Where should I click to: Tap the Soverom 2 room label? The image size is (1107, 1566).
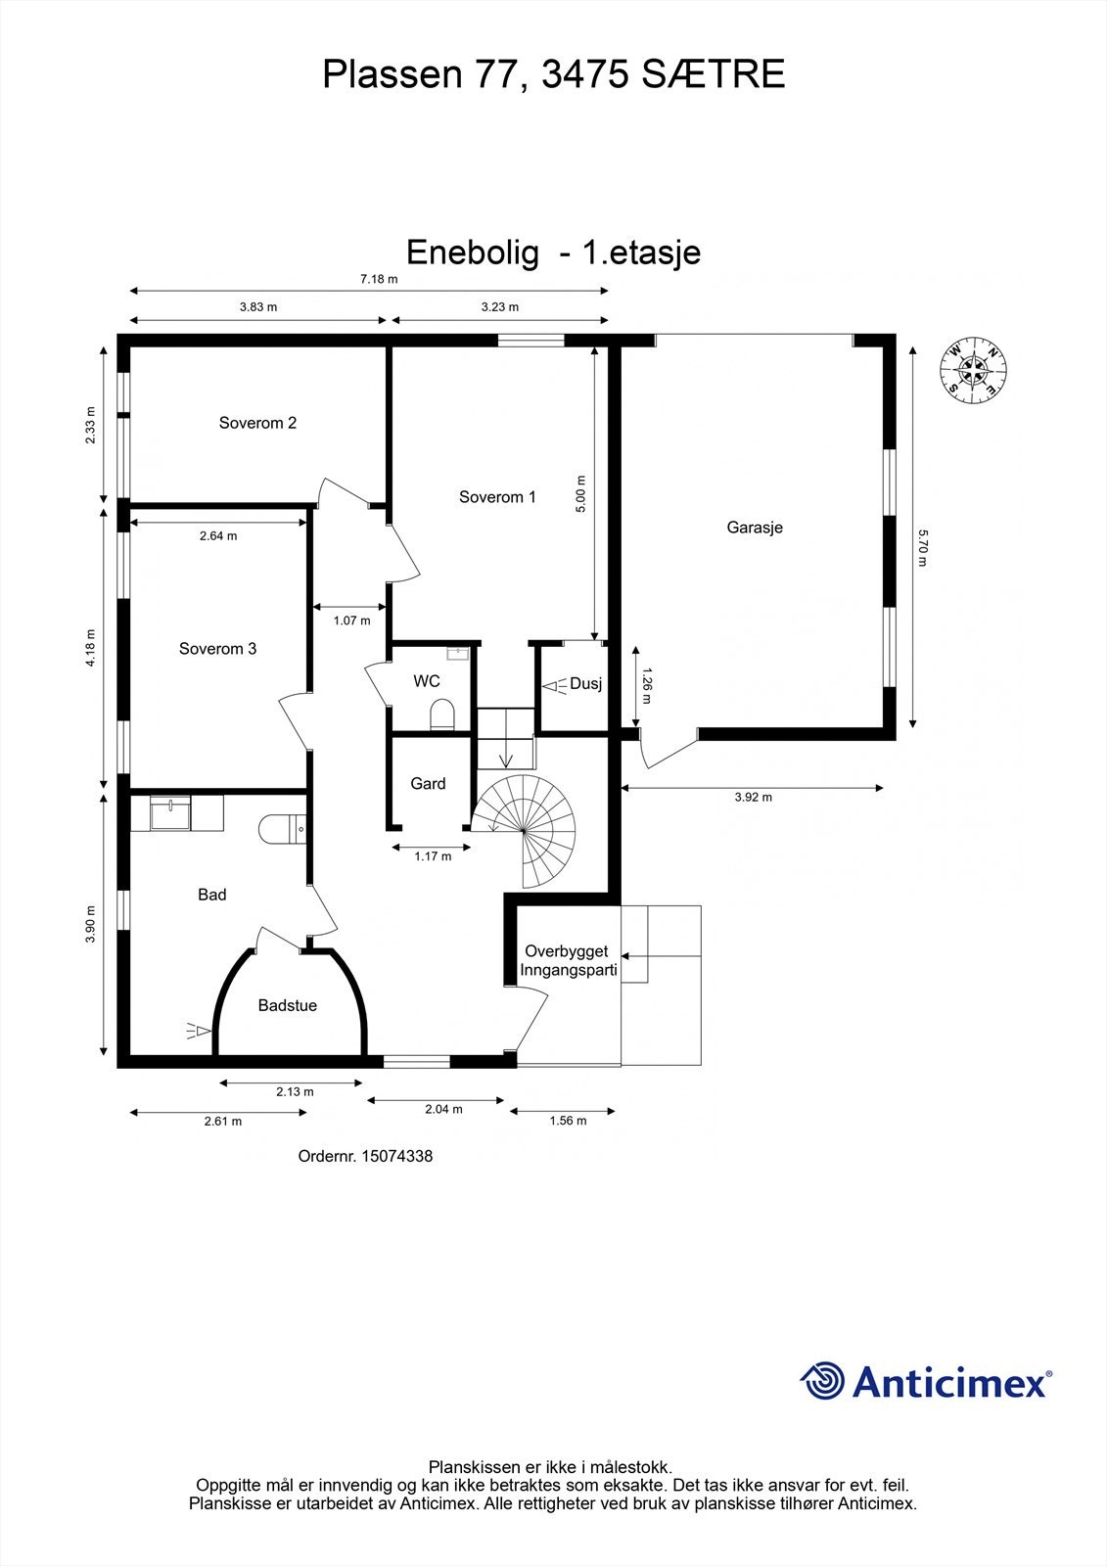point(257,423)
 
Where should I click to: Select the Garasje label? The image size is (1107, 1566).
point(755,528)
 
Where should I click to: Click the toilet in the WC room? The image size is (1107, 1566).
point(442,714)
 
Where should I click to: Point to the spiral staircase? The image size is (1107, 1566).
point(527,830)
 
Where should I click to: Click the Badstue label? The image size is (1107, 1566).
point(287,1005)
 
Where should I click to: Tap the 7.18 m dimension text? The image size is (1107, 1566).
point(379,279)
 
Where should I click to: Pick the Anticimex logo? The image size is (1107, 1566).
point(926,1381)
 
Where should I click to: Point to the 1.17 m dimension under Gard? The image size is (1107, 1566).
point(433,856)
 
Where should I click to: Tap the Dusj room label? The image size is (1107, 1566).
point(585,684)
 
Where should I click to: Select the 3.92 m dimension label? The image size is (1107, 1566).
point(753,798)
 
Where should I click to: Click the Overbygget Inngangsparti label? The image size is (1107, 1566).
point(567,960)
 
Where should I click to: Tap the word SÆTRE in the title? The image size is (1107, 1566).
point(714,74)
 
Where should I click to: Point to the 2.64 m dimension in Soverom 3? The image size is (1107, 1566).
point(218,536)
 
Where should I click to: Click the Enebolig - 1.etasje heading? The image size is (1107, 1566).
point(553,253)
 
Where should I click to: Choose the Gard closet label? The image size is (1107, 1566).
point(428,783)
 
